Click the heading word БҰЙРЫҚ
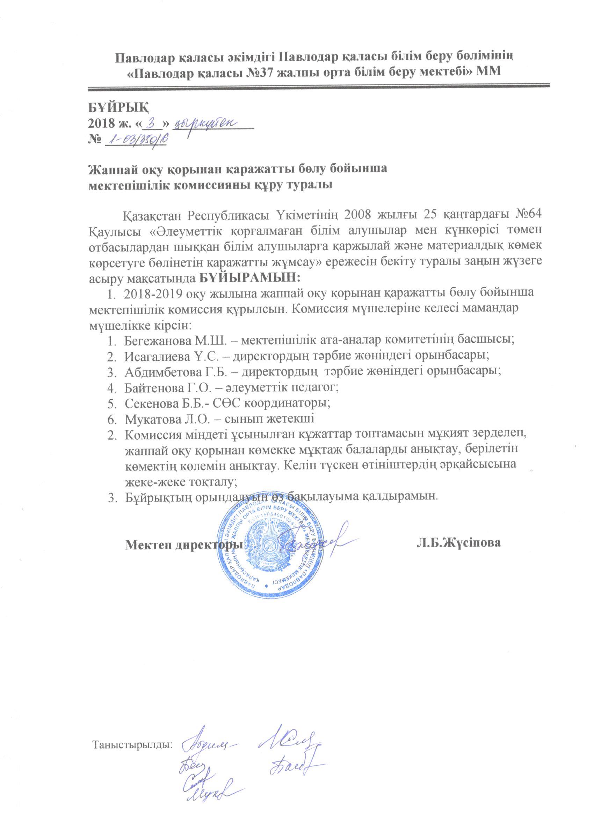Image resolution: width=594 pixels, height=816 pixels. coord(119,107)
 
